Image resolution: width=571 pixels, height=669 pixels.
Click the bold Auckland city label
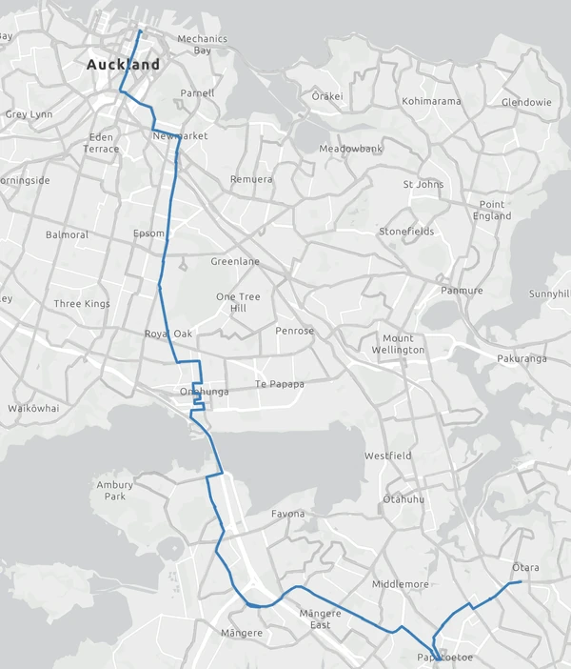(x=123, y=66)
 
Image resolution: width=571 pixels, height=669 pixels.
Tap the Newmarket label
(x=180, y=136)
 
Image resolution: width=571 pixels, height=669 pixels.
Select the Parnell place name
(x=198, y=93)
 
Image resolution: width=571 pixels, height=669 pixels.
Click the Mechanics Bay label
(x=203, y=45)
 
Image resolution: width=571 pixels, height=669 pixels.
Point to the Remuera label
(x=251, y=179)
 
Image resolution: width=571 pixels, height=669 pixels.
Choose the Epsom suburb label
(x=149, y=233)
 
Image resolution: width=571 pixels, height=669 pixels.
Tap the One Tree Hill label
(x=231, y=302)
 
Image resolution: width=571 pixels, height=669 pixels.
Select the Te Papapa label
(x=280, y=384)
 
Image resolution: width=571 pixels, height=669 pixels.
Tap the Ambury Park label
(x=115, y=491)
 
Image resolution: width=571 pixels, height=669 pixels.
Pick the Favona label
(x=287, y=515)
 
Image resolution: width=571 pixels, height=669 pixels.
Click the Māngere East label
(x=320, y=619)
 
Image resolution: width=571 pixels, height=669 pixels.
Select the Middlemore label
(x=402, y=584)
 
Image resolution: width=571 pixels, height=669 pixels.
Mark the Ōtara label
(x=525, y=568)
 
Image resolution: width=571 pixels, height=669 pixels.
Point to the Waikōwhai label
(x=33, y=408)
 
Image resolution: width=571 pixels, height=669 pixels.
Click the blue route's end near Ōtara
(x=522, y=581)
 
